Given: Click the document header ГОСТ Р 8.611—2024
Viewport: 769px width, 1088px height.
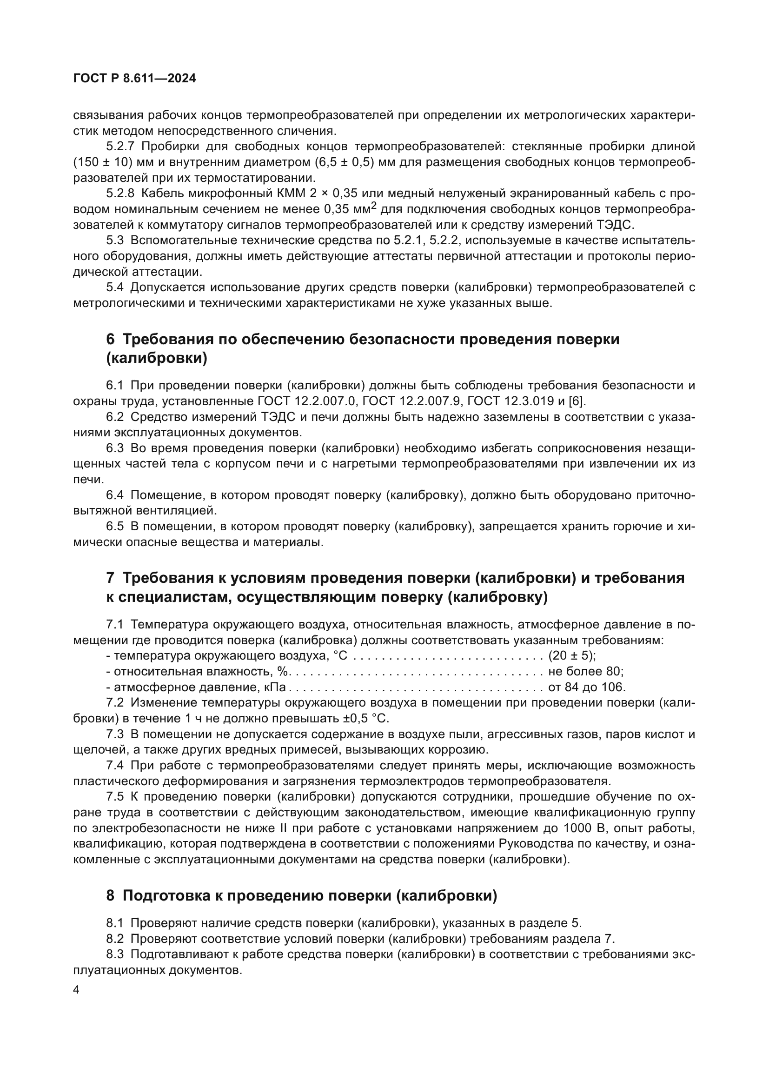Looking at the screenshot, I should [134, 79].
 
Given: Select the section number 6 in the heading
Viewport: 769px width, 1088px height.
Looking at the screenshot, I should [110, 339].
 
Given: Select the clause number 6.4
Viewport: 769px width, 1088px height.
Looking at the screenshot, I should [114, 495].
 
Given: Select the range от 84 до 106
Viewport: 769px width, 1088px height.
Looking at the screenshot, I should [586, 687].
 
